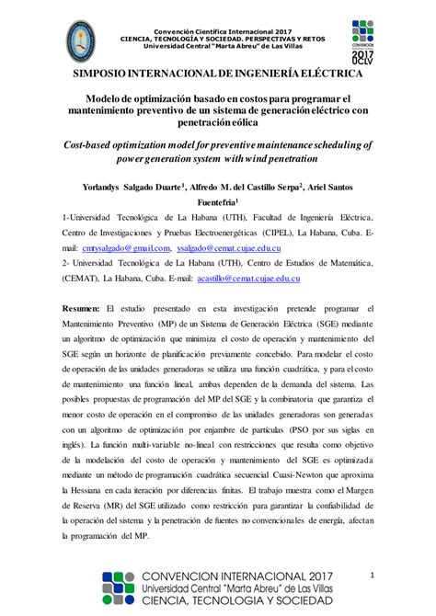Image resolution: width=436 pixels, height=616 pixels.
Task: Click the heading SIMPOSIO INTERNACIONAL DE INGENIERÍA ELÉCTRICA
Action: (x=217, y=73)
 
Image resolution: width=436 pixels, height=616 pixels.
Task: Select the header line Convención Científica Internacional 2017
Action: (x=217, y=9)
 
